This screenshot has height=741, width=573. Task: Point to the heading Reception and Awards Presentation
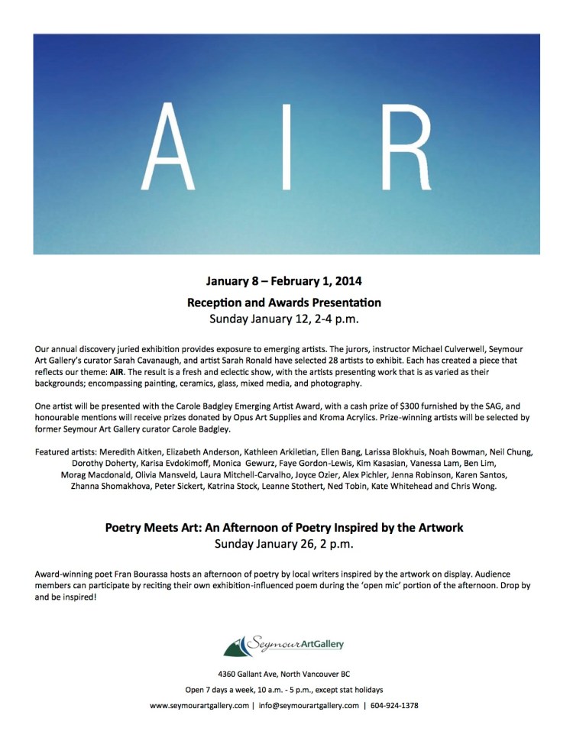click(x=285, y=302)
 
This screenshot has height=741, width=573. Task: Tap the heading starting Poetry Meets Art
click(x=285, y=527)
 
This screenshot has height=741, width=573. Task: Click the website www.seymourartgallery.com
click(x=199, y=705)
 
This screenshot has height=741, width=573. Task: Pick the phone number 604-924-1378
click(x=393, y=705)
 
